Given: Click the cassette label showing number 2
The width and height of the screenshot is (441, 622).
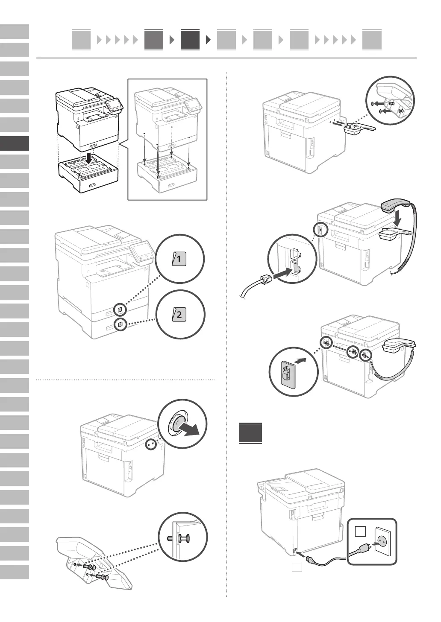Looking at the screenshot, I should tap(179, 315).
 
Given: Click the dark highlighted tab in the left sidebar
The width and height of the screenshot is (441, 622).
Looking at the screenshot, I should tap(15, 143).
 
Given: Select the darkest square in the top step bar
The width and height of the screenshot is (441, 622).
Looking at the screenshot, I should tap(190, 40).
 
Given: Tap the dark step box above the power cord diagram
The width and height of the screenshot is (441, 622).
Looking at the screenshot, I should tap(250, 433).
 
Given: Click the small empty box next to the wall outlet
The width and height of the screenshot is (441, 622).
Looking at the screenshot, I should tap(360, 531).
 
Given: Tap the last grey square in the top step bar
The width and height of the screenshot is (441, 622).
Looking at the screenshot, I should tap(371, 40).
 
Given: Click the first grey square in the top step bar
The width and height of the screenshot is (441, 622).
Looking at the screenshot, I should tap(81, 40).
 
